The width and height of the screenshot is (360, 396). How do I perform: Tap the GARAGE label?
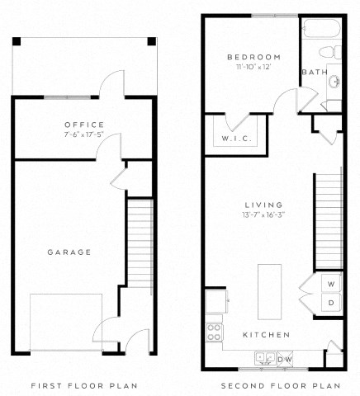click(69, 252)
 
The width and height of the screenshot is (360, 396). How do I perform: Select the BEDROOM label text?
click(253, 56)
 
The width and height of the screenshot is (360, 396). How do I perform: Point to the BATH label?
click(315, 73)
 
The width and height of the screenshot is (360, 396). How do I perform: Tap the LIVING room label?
click(264, 205)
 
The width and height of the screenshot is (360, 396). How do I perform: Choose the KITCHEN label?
click(265, 334)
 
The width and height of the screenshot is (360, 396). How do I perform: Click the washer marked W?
click(331, 284)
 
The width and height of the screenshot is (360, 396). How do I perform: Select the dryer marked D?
click(331, 303)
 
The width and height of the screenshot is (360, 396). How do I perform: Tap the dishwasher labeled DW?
click(284, 359)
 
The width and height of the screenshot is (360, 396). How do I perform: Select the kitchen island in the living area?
click(270, 290)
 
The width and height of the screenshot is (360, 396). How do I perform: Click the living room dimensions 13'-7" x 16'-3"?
click(264, 216)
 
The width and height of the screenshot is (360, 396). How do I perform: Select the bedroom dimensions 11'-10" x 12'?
click(254, 67)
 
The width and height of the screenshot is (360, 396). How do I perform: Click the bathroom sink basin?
click(334, 82)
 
